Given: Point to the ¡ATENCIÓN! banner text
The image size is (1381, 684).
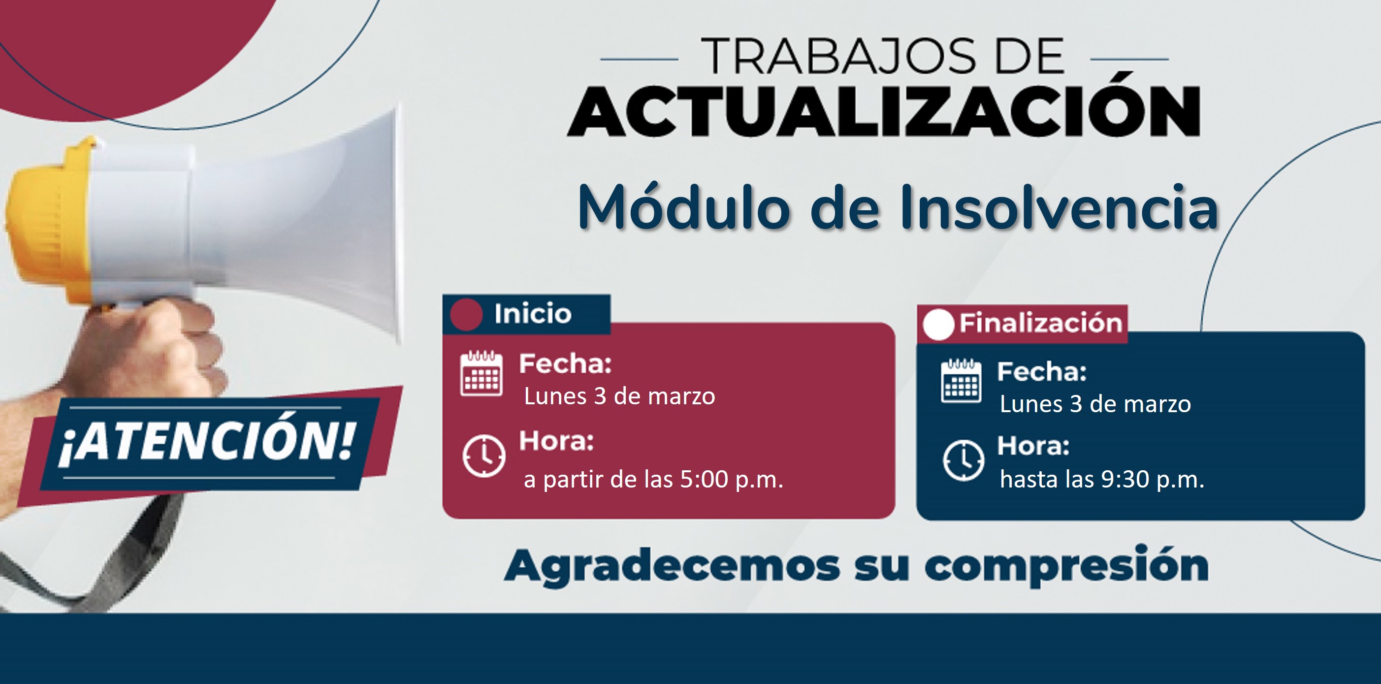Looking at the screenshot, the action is pos(206,441).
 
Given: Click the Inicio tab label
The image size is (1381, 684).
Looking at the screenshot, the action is pos(532,314).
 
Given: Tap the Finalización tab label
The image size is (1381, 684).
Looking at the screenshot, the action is pos(1041,323).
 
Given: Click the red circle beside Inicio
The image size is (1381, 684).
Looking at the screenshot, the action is pos(466,314).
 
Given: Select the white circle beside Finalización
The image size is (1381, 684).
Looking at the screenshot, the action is pos(938,325).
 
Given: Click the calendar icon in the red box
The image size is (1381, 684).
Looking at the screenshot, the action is pos(482,373).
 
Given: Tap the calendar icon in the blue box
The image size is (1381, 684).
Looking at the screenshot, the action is pos(961,381).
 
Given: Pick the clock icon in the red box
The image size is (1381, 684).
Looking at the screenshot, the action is pos(483,456).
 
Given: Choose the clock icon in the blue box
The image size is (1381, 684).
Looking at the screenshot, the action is pos(963,460).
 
